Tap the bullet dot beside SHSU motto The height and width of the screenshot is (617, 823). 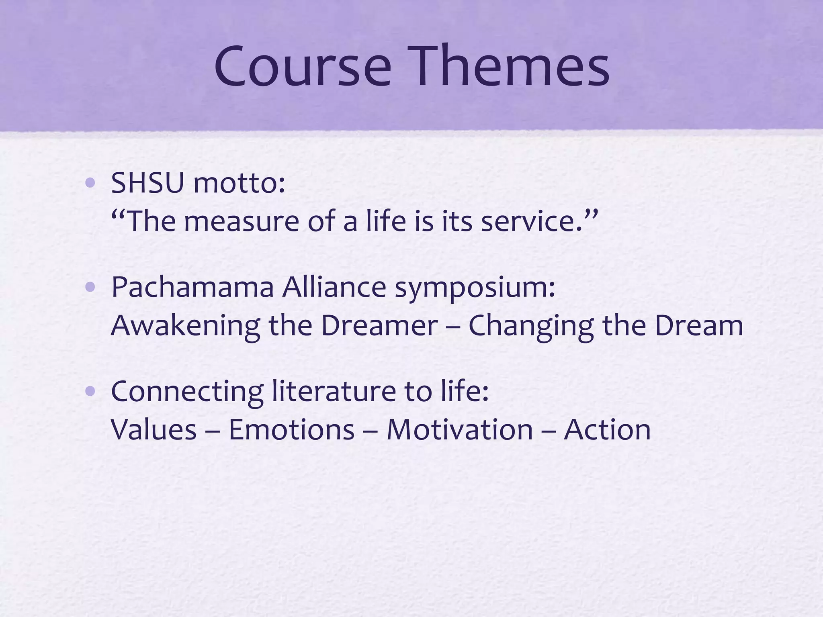click(x=90, y=184)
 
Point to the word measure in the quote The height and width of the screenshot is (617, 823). click(x=241, y=222)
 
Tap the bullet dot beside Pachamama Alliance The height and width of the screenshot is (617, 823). click(x=90, y=287)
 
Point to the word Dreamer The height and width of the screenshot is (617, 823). click(x=379, y=325)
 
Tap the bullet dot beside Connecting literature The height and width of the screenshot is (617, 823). click(x=90, y=391)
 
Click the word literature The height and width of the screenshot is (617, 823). click(x=334, y=391)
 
